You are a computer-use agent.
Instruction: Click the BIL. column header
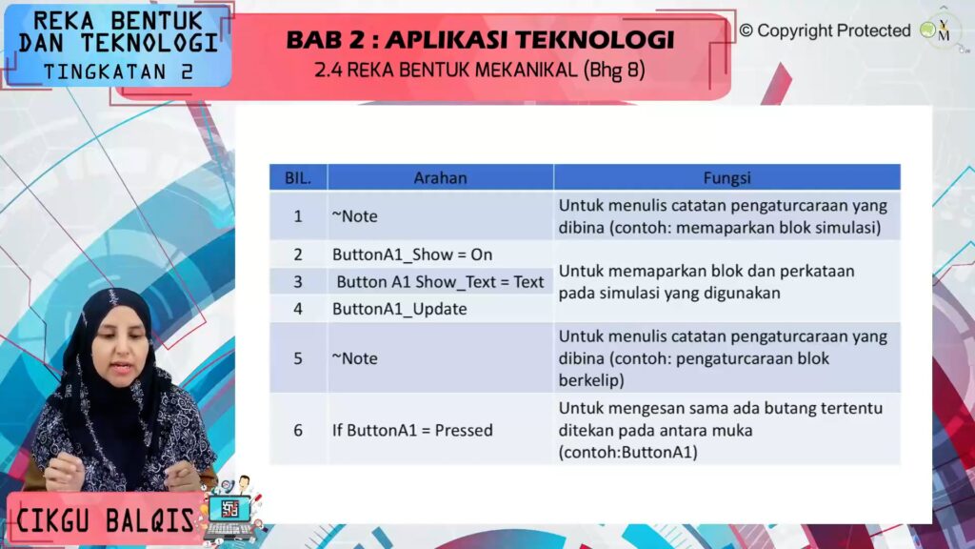click(x=298, y=178)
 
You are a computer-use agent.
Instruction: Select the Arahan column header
click(x=440, y=178)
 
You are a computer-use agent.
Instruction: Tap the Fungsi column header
click(x=726, y=178)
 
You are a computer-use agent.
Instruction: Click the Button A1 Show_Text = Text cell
click(x=440, y=282)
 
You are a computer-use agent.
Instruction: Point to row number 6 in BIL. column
click(x=298, y=430)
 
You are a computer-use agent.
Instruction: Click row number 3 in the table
click(x=298, y=282)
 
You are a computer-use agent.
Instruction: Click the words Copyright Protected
click(x=833, y=30)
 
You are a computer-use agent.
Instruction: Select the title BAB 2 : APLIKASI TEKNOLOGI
click(x=480, y=40)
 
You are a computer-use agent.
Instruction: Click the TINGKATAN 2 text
click(x=119, y=72)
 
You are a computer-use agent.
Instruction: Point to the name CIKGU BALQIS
click(x=105, y=520)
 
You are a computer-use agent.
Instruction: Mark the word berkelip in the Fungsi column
click(x=590, y=380)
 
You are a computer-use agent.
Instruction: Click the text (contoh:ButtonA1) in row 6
click(x=628, y=452)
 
